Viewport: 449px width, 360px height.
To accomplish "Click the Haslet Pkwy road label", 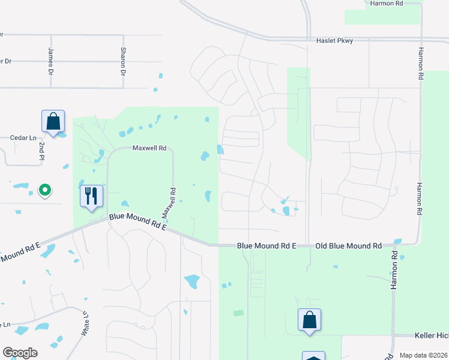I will tap(334, 41).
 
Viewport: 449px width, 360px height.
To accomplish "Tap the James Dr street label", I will tap(50, 62).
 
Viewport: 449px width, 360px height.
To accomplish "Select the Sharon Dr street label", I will tap(123, 62).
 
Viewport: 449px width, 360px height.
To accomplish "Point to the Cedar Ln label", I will tap(23, 137).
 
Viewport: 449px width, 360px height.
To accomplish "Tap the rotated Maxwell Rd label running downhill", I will tap(169, 203).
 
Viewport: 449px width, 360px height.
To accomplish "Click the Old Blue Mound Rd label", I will tap(349, 246).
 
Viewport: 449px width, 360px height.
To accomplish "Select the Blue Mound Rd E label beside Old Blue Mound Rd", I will tap(267, 246).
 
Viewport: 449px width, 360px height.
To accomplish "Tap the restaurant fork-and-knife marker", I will tap(91, 196).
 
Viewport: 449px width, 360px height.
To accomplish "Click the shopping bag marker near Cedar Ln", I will tap(53, 121).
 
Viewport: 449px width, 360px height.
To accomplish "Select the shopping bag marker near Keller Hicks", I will tap(310, 319).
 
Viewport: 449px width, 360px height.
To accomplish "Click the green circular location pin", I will tap(44, 191).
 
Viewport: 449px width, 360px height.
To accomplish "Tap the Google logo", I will tap(20, 353).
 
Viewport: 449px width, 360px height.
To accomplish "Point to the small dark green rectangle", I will tap(238, 313).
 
